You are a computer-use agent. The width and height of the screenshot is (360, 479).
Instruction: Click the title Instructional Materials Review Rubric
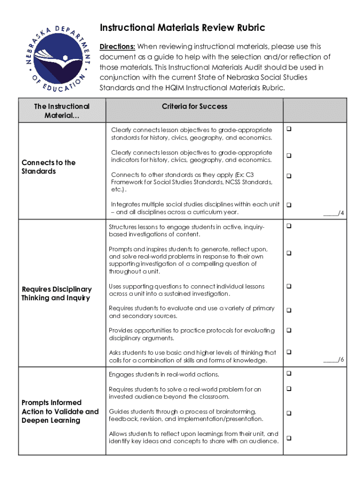182,28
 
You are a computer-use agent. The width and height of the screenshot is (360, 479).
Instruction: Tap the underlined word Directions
117,47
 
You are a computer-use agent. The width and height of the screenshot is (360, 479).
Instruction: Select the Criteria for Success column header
194,106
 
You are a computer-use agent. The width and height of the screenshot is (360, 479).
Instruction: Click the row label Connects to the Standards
49,167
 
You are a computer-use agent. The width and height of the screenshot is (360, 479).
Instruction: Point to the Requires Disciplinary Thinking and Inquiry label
57,293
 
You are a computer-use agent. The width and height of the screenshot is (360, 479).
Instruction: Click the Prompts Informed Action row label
60,411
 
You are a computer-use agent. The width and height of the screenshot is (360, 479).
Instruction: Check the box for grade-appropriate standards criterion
289,129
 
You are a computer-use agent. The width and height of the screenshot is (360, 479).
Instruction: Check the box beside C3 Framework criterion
289,176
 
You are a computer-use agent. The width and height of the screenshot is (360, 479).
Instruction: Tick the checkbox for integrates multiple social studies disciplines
289,204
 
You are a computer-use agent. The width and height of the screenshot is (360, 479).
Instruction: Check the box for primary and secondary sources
289,310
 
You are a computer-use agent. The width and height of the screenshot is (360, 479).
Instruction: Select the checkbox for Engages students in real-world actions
289,373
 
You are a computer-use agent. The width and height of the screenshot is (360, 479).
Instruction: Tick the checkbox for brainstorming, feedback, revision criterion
289,413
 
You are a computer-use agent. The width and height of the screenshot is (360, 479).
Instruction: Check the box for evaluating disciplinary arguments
289,330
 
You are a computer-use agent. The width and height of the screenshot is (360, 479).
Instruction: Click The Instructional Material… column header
62,110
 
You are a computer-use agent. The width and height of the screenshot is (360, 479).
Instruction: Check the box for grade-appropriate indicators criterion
289,155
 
